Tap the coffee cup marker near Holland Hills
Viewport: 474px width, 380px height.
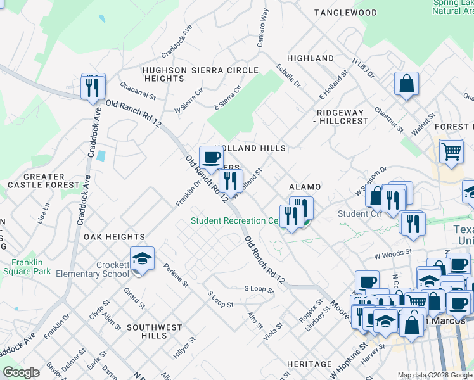pyautogui.click(x=211, y=156)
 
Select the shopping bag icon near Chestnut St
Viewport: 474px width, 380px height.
pyautogui.click(x=406, y=83)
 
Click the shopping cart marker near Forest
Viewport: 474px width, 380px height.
pyautogui.click(x=451, y=151)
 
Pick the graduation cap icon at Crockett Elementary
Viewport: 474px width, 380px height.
pyautogui.click(x=142, y=258)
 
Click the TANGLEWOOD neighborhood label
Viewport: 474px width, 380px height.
pyautogui.click(x=345, y=13)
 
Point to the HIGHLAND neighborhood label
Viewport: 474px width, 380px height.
pyautogui.click(x=311, y=58)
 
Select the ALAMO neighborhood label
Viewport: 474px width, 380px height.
pyautogui.click(x=305, y=187)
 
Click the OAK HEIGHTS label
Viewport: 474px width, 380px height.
pyautogui.click(x=114, y=236)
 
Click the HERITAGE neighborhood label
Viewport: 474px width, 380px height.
pyautogui.click(x=309, y=364)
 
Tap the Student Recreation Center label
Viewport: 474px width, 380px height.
pyautogui.click(x=236, y=220)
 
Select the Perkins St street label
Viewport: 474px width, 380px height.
pyautogui.click(x=176, y=275)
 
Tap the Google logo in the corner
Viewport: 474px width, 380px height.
pyautogui.click(x=21, y=372)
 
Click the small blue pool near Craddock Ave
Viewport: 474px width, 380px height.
pyautogui.click(x=101, y=155)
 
